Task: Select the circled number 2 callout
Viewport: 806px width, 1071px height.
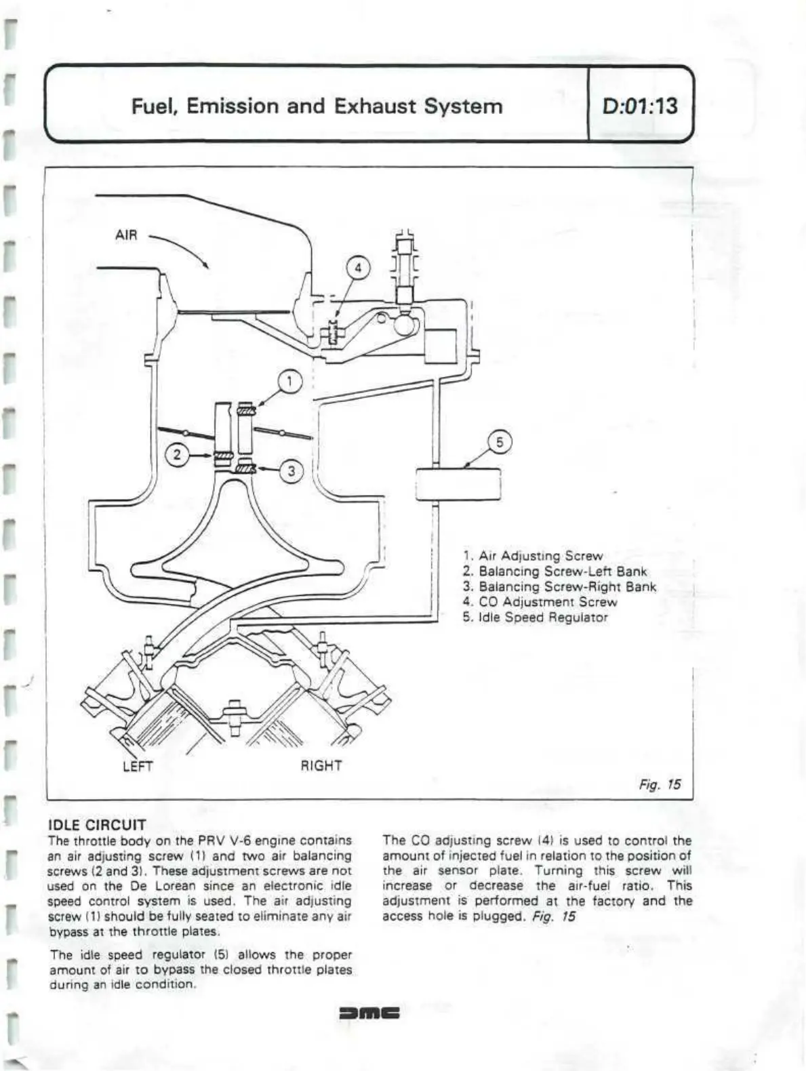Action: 178,454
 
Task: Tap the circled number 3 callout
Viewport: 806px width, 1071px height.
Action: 291,470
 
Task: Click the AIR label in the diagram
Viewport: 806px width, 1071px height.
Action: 126,235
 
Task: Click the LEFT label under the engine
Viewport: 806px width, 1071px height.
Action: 138,766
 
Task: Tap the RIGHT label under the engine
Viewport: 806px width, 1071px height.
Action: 321,766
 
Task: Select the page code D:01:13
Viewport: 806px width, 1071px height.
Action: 639,106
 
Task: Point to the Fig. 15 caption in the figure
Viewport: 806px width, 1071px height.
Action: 660,784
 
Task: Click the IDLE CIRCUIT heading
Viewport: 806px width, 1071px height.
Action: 97,825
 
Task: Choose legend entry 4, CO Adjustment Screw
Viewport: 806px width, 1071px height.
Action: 540,602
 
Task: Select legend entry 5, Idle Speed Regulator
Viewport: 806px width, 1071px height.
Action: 536,618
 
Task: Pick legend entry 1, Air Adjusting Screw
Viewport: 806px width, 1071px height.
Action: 533,557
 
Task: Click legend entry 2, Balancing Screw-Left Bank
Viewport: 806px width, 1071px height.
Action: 555,571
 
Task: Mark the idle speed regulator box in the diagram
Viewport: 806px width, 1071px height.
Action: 458,483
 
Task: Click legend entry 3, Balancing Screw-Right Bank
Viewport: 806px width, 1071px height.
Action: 559,587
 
